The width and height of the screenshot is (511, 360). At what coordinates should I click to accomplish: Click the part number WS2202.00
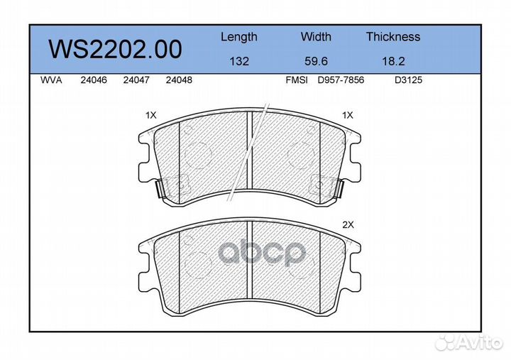[115, 49]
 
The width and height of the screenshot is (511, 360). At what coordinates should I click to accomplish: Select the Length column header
[239, 38]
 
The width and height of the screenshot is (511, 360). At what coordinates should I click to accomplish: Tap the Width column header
[316, 36]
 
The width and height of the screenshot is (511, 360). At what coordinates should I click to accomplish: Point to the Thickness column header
[393, 36]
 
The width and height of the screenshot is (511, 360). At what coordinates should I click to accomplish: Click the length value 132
[239, 61]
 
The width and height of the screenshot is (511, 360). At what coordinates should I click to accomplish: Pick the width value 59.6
[316, 61]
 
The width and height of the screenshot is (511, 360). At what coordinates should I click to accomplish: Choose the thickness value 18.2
[393, 61]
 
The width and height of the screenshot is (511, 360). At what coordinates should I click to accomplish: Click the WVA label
[51, 80]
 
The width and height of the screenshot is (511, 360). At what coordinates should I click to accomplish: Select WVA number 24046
[94, 80]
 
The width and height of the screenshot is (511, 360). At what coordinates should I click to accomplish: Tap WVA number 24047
[136, 80]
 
